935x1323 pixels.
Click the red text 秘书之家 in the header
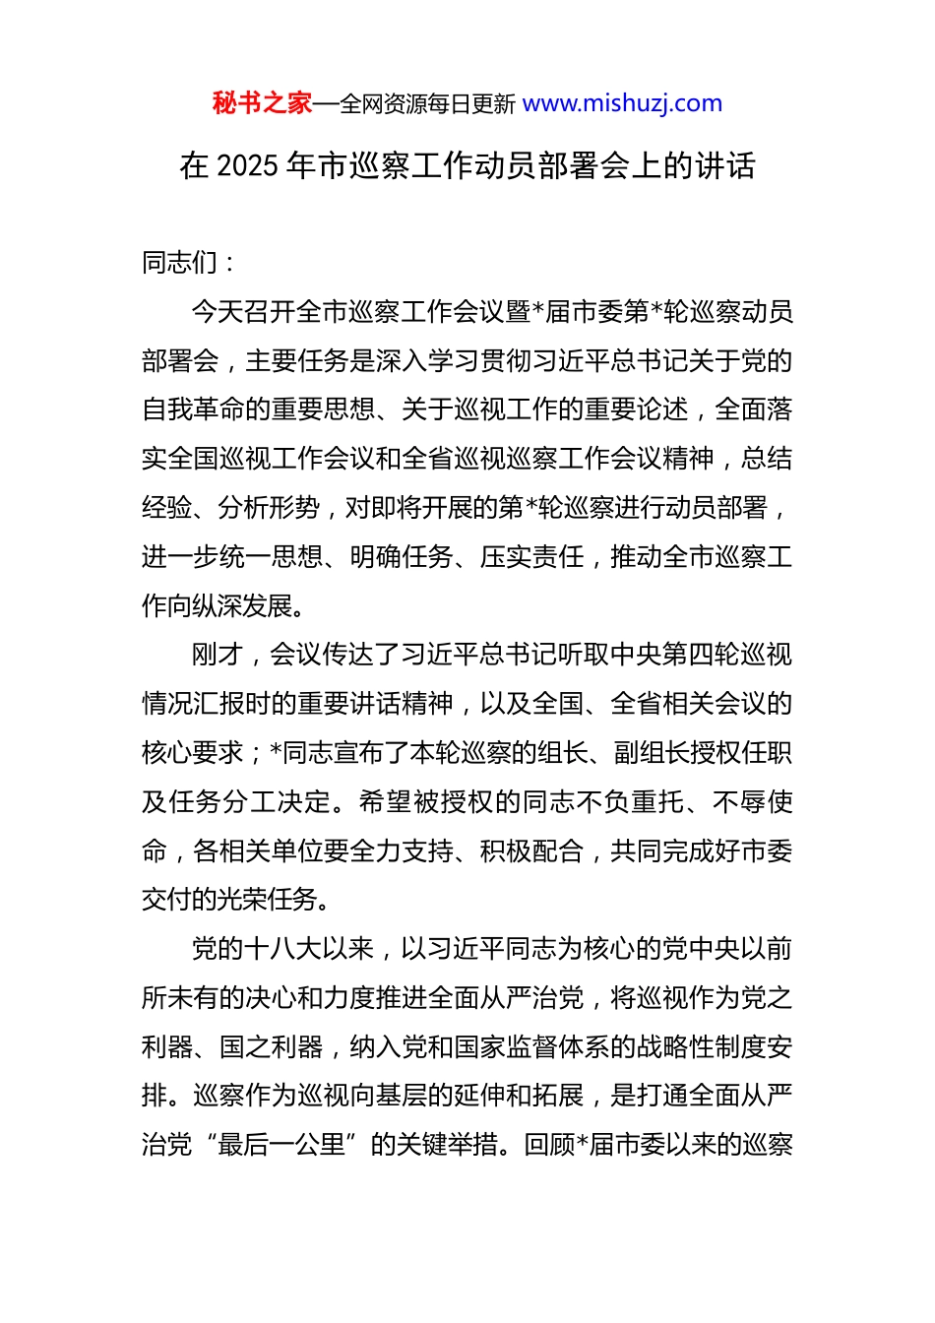[262, 103]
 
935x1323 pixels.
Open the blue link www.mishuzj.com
[622, 103]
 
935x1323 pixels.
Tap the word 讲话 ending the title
[724, 165]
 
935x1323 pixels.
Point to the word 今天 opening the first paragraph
[217, 311]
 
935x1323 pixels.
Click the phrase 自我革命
[193, 409]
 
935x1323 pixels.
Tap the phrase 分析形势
[270, 508]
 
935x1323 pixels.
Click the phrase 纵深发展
[244, 606]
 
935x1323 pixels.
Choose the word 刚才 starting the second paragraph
[217, 655]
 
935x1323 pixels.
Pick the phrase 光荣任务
[270, 901]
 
